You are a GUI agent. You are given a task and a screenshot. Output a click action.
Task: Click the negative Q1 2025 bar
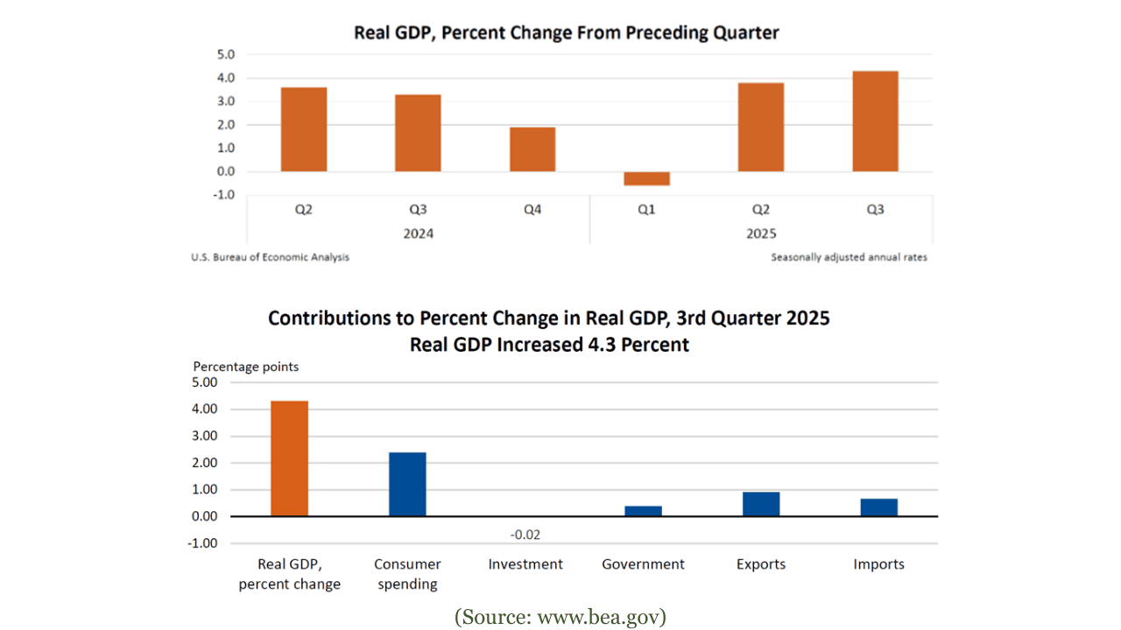646,178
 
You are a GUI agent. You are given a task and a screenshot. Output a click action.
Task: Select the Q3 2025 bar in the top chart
875,122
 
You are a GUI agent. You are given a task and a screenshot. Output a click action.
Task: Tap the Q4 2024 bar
532,150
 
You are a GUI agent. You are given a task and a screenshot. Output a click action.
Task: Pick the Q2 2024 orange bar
304,129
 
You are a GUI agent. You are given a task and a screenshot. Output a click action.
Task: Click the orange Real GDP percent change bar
289,458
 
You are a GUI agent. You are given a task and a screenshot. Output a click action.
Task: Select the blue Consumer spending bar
407,484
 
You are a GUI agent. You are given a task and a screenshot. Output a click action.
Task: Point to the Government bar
643,511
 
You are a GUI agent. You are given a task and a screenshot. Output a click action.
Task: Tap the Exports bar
761,504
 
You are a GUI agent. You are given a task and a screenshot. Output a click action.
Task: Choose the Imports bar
878,507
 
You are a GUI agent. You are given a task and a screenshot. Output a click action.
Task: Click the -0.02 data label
525,535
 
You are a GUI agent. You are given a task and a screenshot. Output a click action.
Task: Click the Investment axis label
525,564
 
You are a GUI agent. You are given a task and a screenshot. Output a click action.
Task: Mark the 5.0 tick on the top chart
225,54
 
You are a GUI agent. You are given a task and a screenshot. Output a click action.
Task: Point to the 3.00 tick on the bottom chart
203,436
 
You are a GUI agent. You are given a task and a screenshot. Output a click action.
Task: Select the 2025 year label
761,234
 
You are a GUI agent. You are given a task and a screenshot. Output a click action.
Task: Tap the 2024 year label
418,234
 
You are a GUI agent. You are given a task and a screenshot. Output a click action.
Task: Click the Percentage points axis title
245,367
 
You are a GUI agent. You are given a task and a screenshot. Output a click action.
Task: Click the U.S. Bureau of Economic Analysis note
270,257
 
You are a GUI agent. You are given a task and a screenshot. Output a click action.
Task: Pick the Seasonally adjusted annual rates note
849,257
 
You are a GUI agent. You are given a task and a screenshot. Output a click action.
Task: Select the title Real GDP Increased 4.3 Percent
549,345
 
